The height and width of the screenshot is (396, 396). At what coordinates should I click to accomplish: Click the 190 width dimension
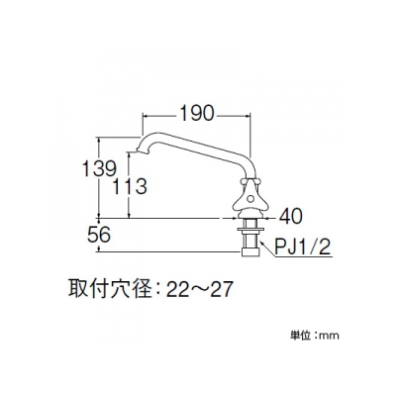[197, 114]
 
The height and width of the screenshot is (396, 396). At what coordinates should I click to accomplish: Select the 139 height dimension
[99, 168]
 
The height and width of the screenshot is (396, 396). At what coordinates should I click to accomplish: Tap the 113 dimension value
[130, 186]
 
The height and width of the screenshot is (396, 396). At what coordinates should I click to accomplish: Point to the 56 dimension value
[99, 236]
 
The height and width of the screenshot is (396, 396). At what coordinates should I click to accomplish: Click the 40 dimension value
[290, 217]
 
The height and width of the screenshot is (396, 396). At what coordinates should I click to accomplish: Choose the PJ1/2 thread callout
[303, 247]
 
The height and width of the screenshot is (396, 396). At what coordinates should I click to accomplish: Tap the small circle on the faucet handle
[251, 199]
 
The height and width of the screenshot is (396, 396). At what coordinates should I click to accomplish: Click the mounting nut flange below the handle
[250, 229]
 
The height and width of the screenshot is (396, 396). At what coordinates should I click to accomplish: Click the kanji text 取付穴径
[110, 289]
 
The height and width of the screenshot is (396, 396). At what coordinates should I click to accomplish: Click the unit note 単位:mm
[315, 336]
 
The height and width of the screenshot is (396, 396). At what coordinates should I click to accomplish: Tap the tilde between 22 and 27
[198, 290]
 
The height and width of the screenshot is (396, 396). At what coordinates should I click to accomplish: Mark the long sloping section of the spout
[197, 147]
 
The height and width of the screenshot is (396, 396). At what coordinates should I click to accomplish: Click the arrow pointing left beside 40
[270, 218]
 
